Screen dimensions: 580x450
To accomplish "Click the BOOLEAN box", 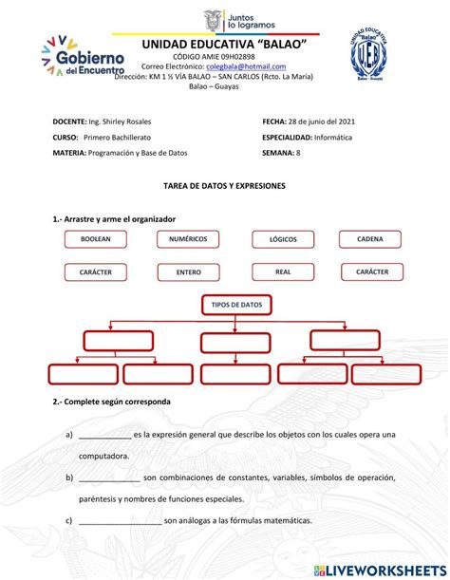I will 96,239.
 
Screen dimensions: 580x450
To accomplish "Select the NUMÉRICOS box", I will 188,239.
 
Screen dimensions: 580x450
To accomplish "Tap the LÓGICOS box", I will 283,239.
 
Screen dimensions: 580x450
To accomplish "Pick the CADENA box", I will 370,239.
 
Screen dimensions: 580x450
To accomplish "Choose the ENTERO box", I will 188,271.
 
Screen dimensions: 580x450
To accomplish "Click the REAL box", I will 283,271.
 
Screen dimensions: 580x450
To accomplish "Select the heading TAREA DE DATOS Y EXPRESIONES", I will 224,188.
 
